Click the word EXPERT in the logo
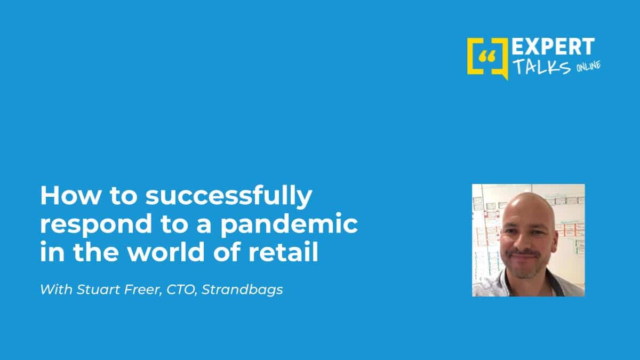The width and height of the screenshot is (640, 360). [x=553, y=46]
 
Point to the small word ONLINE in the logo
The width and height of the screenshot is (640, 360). [x=588, y=66]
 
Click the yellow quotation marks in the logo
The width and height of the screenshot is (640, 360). [x=487, y=57]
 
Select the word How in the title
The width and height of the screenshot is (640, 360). [x=70, y=196]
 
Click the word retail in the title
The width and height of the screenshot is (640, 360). [x=283, y=252]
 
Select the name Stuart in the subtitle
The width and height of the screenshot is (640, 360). [x=98, y=290]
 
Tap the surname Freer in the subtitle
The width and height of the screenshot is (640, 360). [x=143, y=290]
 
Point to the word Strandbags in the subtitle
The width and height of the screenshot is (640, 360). [x=242, y=290]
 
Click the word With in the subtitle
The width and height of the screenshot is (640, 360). [x=57, y=290]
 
